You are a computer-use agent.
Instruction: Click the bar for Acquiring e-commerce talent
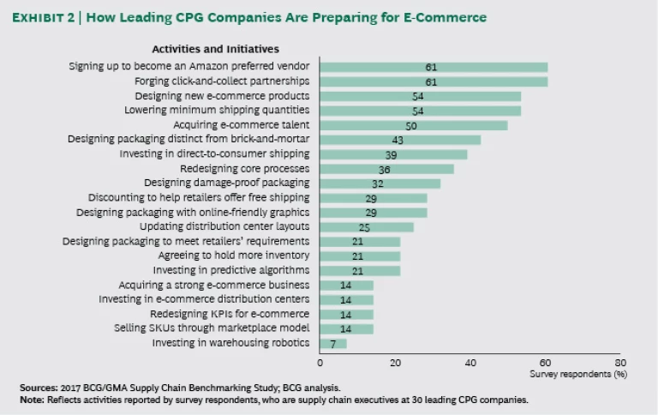pyautogui.click(x=414, y=125)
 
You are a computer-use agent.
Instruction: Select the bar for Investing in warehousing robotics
pyautogui.click(x=333, y=344)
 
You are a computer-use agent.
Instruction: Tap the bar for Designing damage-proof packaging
pyautogui.click(x=380, y=183)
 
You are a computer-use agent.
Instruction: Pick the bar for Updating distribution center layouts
pyautogui.click(x=367, y=227)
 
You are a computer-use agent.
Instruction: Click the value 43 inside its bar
pyautogui.click(x=398, y=140)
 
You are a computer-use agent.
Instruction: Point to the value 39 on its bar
pyautogui.click(x=391, y=154)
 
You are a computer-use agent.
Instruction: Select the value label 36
pyautogui.click(x=385, y=169)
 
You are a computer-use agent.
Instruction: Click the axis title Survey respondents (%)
pyautogui.click(x=577, y=375)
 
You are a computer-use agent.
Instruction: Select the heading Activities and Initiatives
pyautogui.click(x=215, y=50)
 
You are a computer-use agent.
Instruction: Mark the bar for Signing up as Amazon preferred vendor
pyautogui.click(x=434, y=67)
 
